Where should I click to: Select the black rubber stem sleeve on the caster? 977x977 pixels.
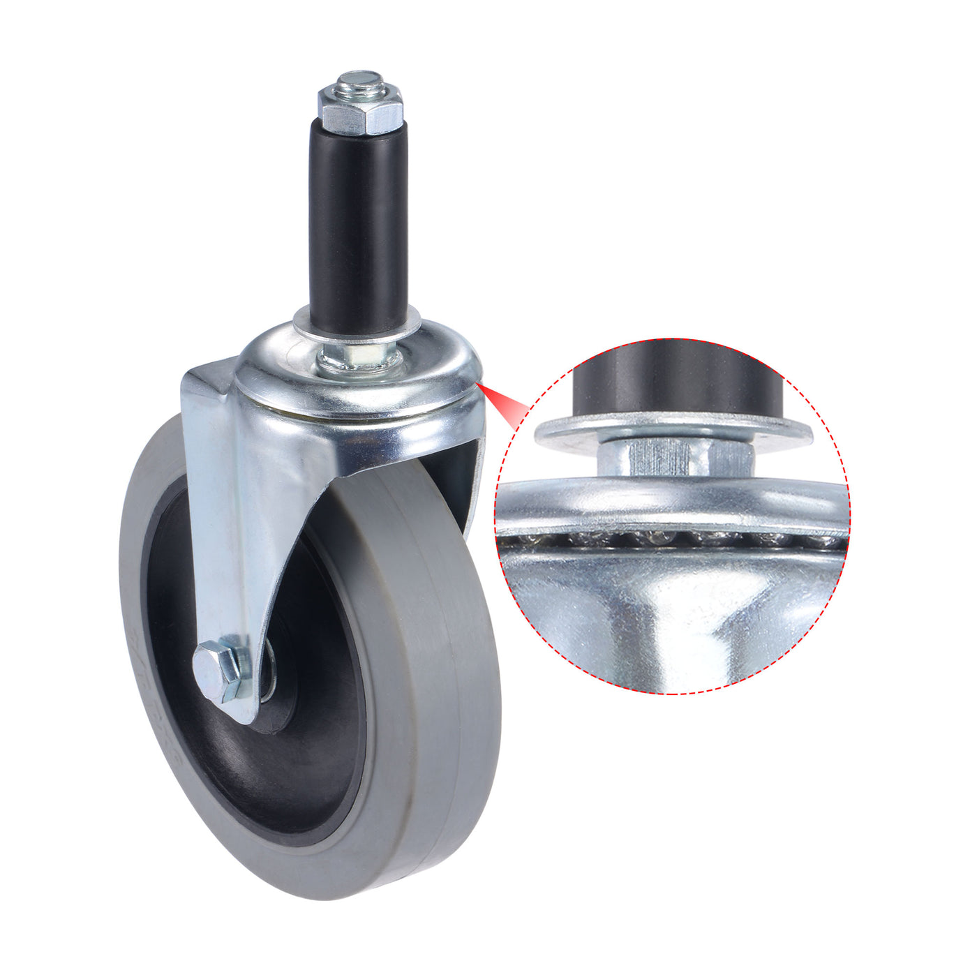pos(358,223)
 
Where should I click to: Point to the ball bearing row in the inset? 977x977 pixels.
pos(670,538)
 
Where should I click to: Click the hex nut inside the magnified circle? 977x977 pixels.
pos(673,457)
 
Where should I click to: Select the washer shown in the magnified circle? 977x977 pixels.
pos(673,429)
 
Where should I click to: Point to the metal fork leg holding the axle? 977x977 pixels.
pos(230,558)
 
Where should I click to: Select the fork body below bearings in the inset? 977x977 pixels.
pos(670,614)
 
